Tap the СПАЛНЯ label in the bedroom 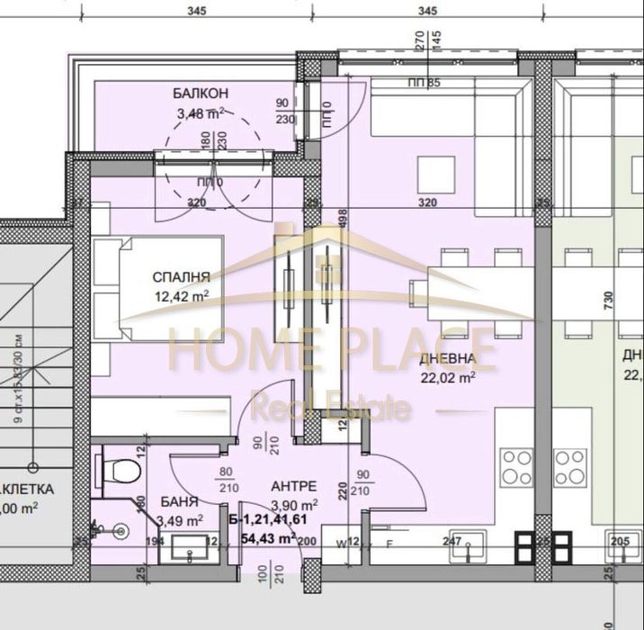pos(182,277)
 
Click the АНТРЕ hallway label pos(295,487)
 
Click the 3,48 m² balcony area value pos(200,112)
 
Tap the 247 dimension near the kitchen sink pos(452,542)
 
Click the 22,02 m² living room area pos(448,377)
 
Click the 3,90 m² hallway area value pos(296,504)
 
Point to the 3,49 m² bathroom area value pos(179,519)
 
